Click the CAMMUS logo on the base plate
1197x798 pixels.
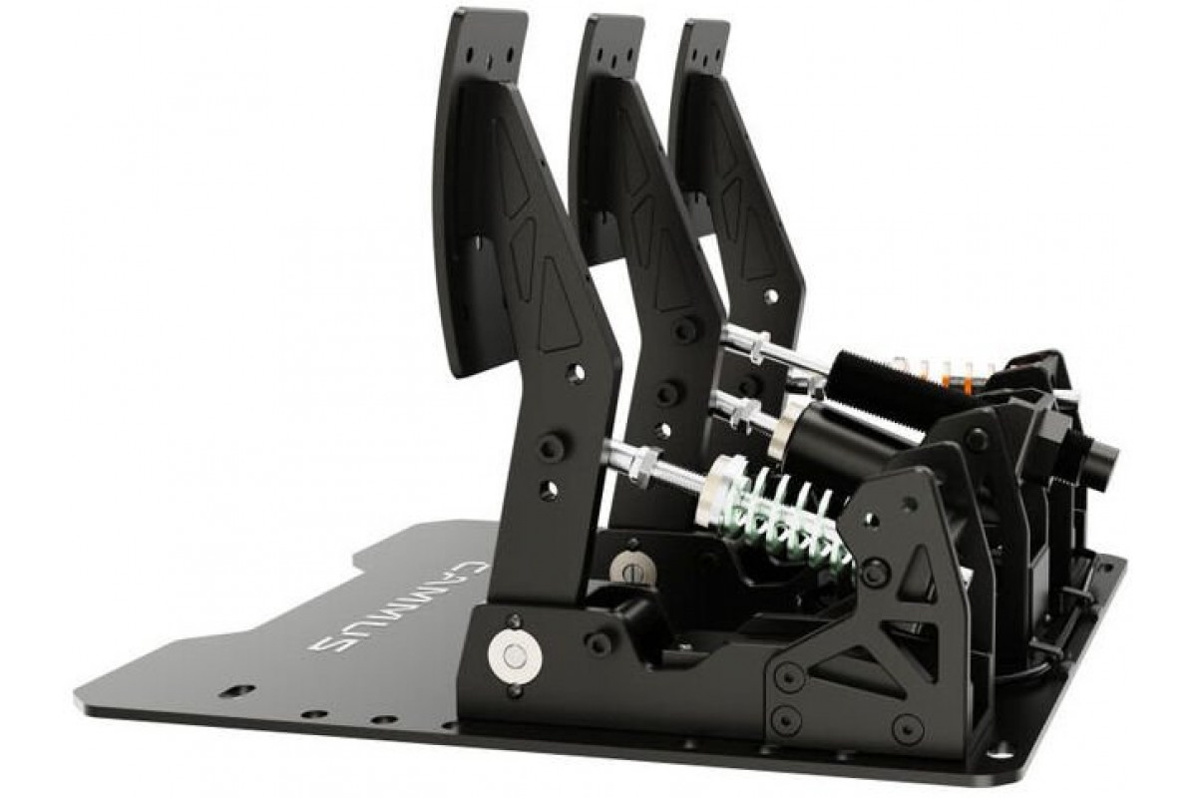399,606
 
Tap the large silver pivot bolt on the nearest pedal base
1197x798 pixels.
515,657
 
